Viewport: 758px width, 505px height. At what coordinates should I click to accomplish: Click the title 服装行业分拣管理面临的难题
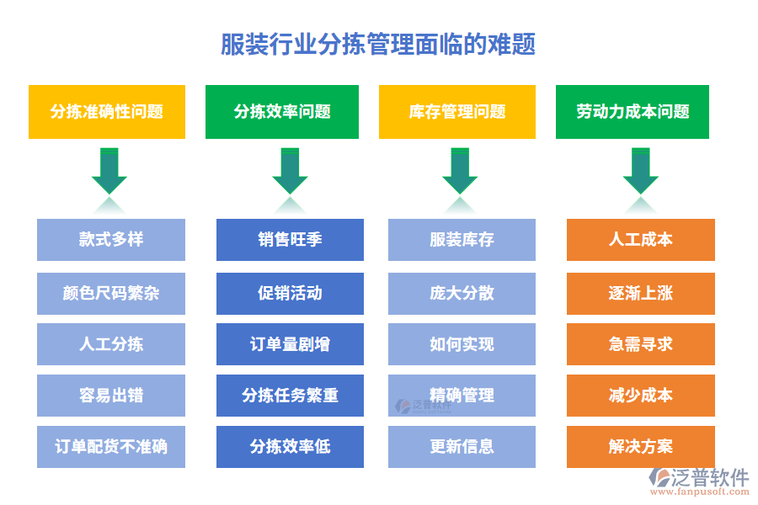tap(378, 44)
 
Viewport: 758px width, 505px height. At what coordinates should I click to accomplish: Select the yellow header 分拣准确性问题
tap(107, 112)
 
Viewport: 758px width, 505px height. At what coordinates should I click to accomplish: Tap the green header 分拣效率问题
tap(282, 112)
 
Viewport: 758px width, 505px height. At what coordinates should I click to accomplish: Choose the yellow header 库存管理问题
tap(456, 112)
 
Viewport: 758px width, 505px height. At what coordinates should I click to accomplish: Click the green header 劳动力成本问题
tap(633, 112)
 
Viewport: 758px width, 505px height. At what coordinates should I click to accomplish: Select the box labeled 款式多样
tap(111, 240)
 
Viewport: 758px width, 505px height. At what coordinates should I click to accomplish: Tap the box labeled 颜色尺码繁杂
tap(111, 294)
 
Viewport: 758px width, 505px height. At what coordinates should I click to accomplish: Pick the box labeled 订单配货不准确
tap(111, 446)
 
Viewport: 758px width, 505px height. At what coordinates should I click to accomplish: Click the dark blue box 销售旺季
tap(290, 240)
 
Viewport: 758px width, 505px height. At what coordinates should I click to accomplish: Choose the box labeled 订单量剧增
tap(290, 344)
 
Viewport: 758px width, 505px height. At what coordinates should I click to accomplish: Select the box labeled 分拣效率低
tap(290, 446)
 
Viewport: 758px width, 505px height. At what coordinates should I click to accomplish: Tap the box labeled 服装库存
tap(462, 240)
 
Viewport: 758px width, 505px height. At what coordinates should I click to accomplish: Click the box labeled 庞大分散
tap(462, 294)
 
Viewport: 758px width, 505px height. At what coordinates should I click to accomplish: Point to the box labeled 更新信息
tap(462, 446)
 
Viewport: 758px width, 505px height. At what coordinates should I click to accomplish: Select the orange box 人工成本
tap(640, 240)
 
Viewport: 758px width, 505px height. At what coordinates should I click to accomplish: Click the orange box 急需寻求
tap(640, 344)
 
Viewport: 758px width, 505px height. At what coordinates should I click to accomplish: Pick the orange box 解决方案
tap(640, 446)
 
